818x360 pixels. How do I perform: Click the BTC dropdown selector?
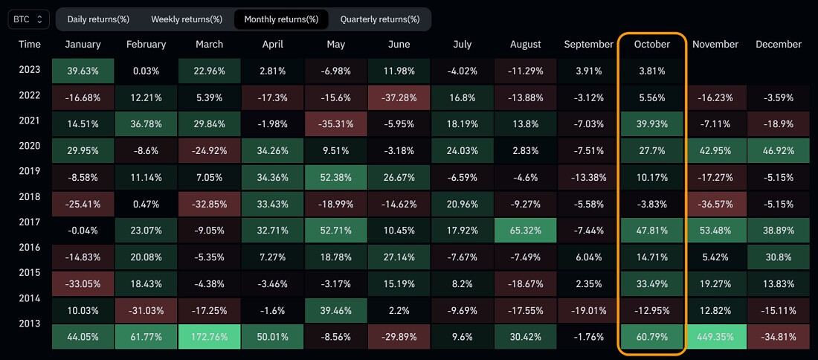(x=29, y=19)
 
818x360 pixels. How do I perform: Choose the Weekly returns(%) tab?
(x=186, y=19)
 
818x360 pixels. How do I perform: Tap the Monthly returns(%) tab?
(x=280, y=19)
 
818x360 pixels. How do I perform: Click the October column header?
(x=651, y=45)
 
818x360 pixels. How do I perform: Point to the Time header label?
(x=30, y=45)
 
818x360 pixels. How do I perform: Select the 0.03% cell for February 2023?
(x=146, y=71)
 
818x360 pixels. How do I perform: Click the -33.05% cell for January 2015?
(x=83, y=283)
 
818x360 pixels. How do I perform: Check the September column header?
(x=588, y=45)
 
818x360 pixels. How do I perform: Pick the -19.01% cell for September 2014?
(x=588, y=310)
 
